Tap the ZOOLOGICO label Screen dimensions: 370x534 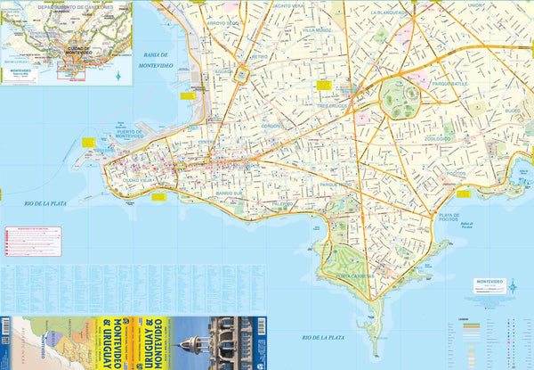tap(437, 139)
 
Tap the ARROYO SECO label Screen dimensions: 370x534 tap(220, 23)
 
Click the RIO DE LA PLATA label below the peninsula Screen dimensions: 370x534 tap(321, 338)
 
